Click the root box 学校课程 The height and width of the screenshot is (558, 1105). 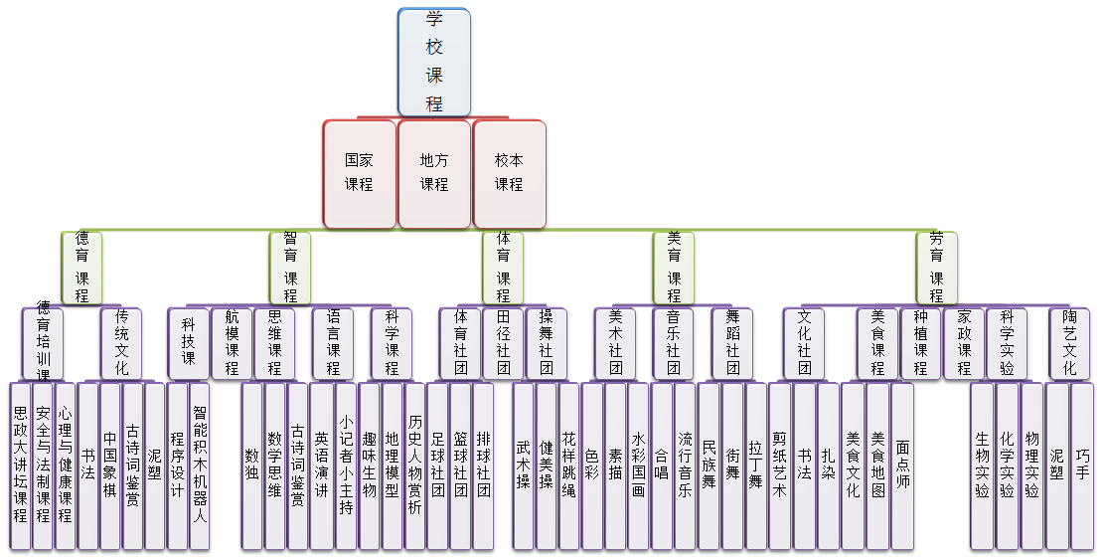(x=433, y=62)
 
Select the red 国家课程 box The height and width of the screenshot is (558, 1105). (x=359, y=173)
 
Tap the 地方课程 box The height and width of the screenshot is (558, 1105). (x=433, y=173)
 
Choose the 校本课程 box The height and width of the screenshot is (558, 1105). (x=509, y=173)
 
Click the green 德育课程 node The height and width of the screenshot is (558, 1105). (x=81, y=267)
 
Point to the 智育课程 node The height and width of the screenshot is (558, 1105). (x=290, y=267)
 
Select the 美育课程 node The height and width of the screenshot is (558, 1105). (x=674, y=267)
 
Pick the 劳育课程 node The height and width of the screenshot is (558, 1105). (x=936, y=267)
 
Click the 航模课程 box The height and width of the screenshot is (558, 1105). (x=232, y=342)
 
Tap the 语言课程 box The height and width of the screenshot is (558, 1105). (x=333, y=342)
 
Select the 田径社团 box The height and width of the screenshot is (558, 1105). (x=503, y=342)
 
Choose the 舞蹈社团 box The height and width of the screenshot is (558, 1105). (x=732, y=342)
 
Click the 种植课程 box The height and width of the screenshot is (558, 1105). (x=920, y=342)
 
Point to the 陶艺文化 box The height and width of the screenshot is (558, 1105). (x=1069, y=342)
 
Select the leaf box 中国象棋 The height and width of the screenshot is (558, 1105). (x=109, y=465)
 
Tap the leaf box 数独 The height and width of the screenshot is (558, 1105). (x=252, y=465)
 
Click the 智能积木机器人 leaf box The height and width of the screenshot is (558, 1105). (x=200, y=465)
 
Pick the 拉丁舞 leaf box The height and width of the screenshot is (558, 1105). (x=756, y=465)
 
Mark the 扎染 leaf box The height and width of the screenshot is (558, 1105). (x=829, y=465)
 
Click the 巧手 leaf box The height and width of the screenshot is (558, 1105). (x=1082, y=465)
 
